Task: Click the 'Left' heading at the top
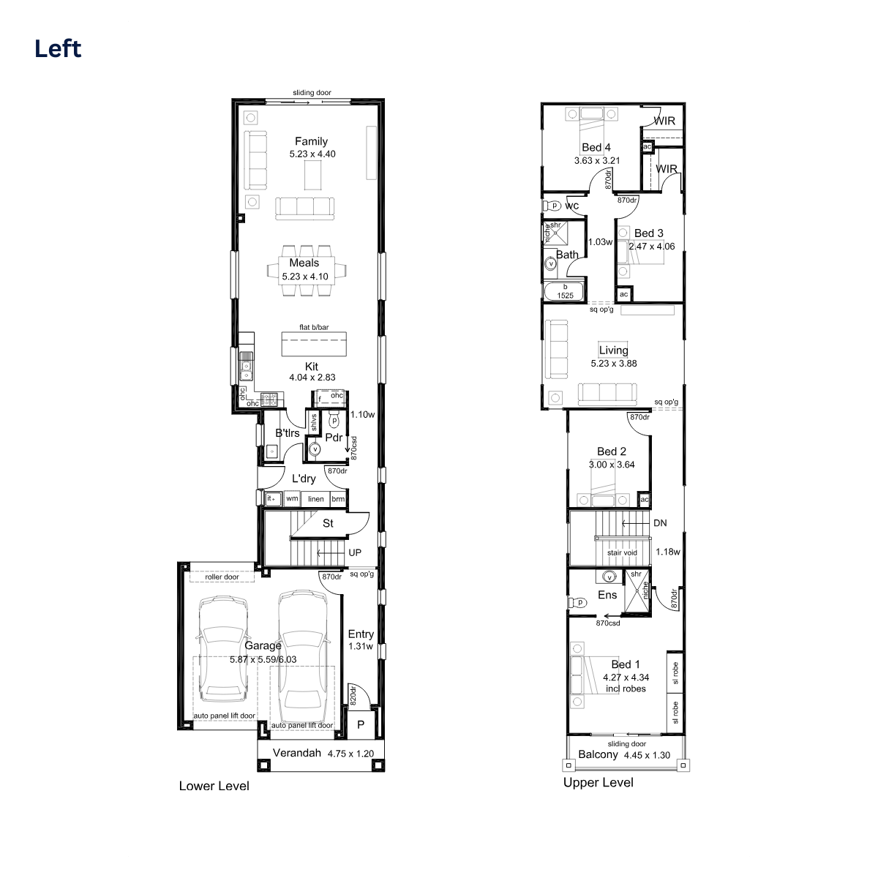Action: [58, 49]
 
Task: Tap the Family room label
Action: [311, 141]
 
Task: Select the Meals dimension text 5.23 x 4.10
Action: [305, 277]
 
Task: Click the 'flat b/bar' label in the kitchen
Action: [314, 327]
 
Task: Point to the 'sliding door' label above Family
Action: [312, 92]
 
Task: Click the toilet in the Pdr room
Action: [334, 419]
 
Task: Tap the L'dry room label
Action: [304, 479]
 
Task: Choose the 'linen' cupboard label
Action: [316, 499]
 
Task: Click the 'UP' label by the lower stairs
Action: [355, 552]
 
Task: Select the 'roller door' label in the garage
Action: [222, 577]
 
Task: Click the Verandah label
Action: [297, 753]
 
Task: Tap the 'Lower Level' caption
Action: [214, 786]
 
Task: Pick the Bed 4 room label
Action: [596, 148]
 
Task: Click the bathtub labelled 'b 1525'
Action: [565, 291]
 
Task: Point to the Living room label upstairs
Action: [613, 350]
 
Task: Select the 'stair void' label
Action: [622, 552]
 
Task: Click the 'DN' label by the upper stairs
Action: [660, 523]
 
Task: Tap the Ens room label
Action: [607, 595]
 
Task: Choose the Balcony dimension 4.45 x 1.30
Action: [647, 755]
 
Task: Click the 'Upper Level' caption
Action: [599, 783]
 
